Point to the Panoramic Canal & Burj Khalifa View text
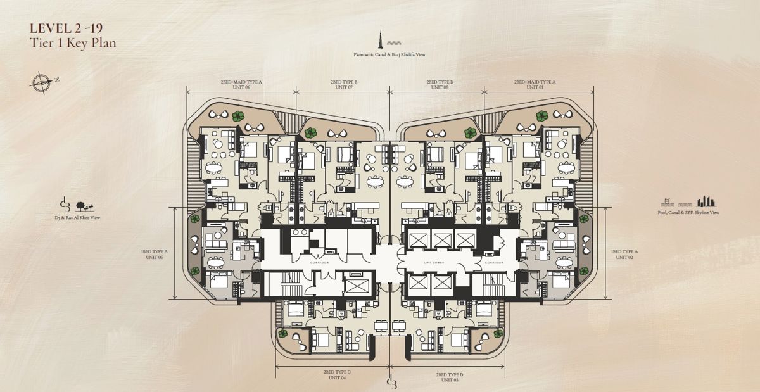[389, 55]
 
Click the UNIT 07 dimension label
[344, 87]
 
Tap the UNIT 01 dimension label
[534, 87]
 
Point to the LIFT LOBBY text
[436, 262]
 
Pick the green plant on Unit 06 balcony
[237, 116]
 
